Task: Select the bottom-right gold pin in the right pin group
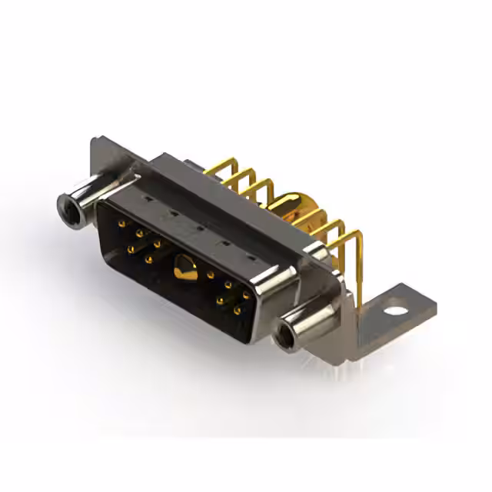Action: [x=244, y=307]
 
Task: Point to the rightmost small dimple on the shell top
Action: [x=254, y=248]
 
